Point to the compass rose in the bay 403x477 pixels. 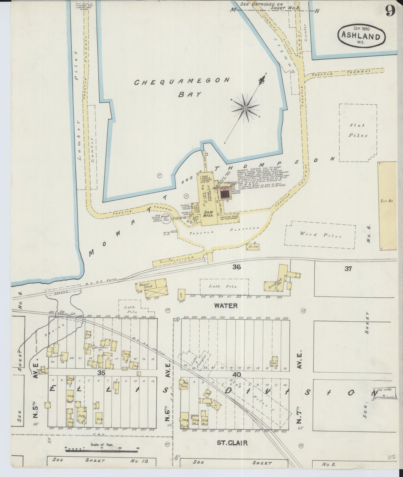(245, 108)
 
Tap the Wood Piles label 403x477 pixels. (321, 235)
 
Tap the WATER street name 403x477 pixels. (226, 306)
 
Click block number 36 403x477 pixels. (237, 267)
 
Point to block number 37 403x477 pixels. (348, 269)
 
